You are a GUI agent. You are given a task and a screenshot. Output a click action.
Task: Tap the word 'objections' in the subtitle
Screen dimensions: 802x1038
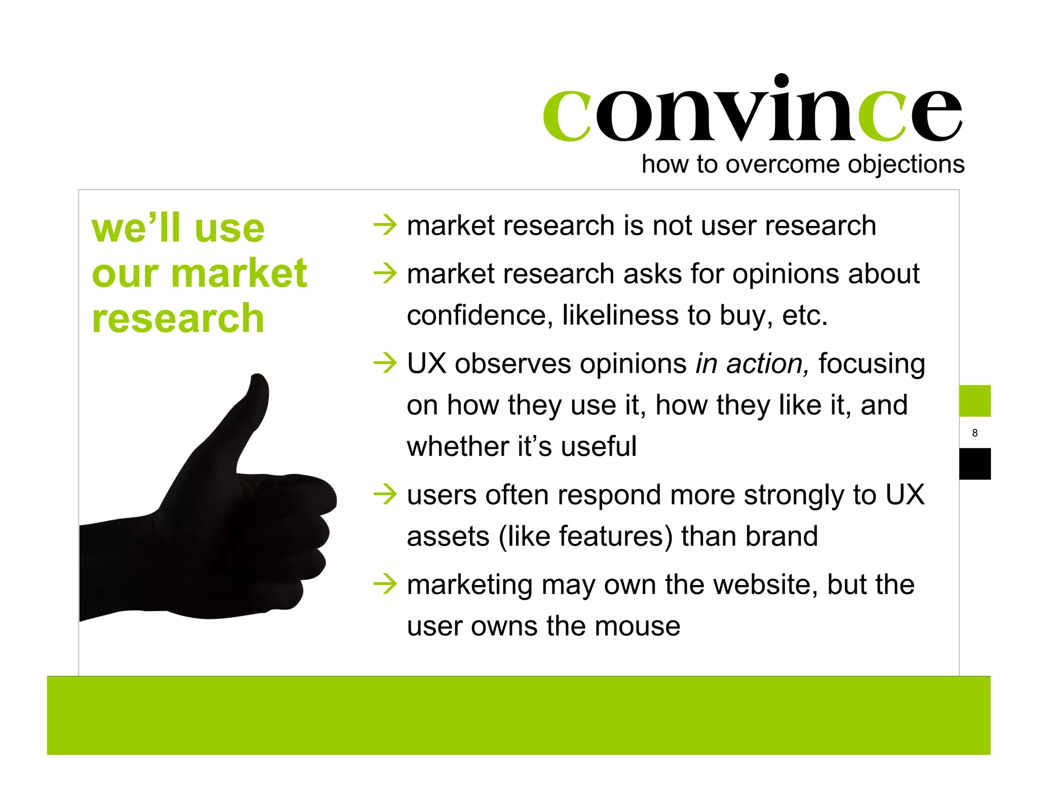click(906, 165)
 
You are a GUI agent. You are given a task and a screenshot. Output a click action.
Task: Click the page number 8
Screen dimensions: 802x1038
click(975, 433)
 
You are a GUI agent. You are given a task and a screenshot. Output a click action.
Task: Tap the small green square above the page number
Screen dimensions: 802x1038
click(975, 400)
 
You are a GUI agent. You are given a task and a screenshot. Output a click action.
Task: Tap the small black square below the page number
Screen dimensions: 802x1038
click(975, 463)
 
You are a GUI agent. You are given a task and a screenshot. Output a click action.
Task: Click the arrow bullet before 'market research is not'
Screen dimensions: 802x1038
click(385, 225)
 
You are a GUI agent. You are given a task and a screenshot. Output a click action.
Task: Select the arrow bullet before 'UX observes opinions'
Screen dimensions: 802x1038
click(385, 363)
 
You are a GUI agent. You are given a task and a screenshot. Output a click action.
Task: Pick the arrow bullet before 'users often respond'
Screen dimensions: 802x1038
click(385, 494)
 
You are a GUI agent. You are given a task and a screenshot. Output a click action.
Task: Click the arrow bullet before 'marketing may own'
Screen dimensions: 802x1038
click(385, 584)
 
